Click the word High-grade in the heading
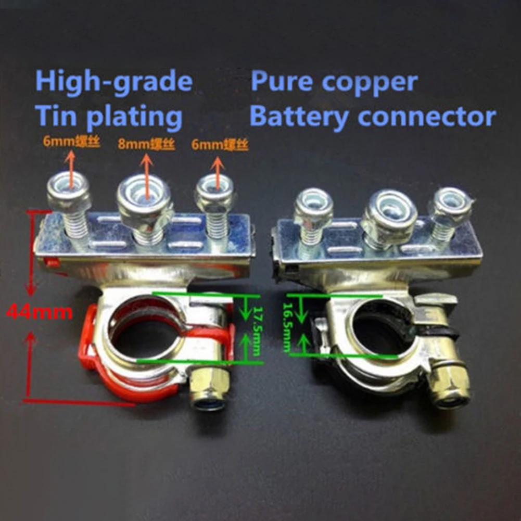click(114, 83)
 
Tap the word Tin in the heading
click(57, 118)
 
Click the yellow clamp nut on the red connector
click(209, 388)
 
